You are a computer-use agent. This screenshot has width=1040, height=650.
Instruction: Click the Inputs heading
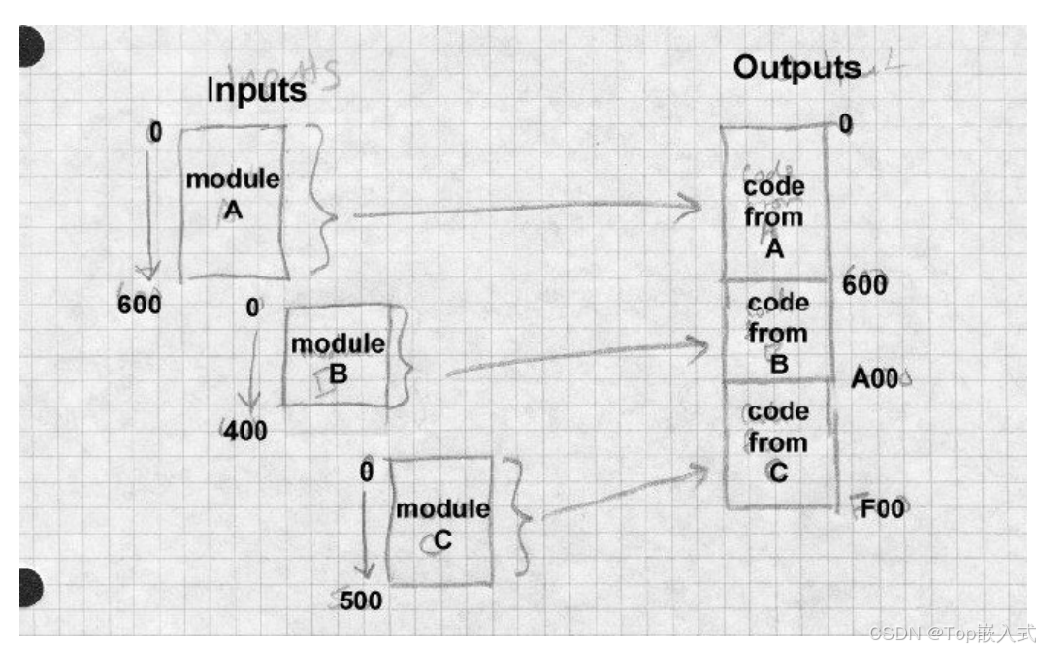pos(256,90)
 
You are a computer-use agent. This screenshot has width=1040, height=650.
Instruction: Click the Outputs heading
pos(796,67)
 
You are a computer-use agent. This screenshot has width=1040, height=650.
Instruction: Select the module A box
pos(233,202)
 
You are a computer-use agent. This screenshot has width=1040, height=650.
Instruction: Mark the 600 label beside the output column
pos(865,284)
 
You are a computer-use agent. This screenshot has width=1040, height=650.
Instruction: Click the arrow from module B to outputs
pos(572,358)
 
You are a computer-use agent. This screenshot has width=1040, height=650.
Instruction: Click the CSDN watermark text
pos(952,634)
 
